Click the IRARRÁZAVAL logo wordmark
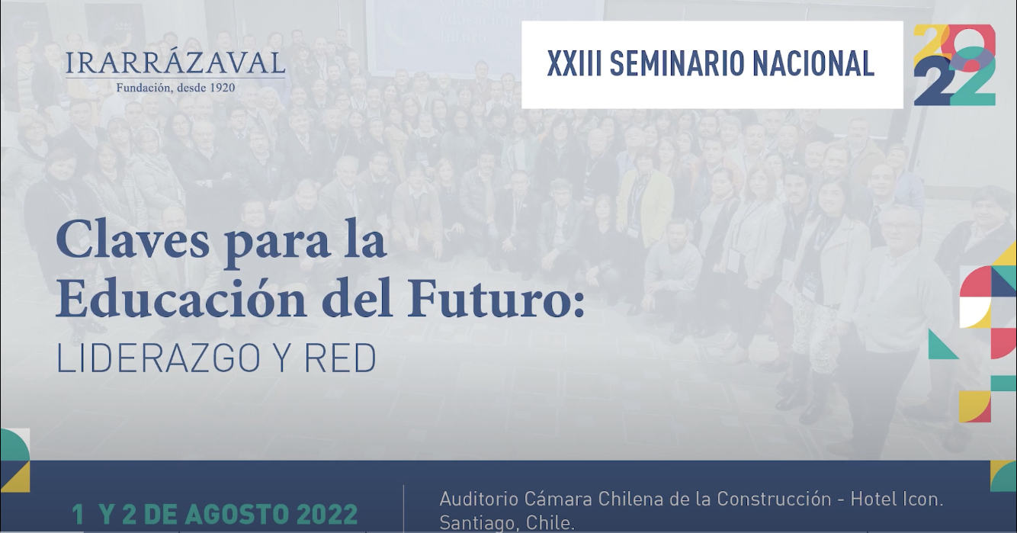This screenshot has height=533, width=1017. point(175,63)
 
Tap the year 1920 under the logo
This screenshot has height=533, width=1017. point(223,88)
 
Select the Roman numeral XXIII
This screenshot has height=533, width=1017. point(574,64)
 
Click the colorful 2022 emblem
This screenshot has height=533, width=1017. point(954,65)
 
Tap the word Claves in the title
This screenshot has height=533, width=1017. point(133,239)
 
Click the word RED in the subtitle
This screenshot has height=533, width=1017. point(341,358)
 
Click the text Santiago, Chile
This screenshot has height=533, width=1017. point(507,523)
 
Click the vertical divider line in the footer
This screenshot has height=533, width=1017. point(403,509)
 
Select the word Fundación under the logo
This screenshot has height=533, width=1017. point(145,88)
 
